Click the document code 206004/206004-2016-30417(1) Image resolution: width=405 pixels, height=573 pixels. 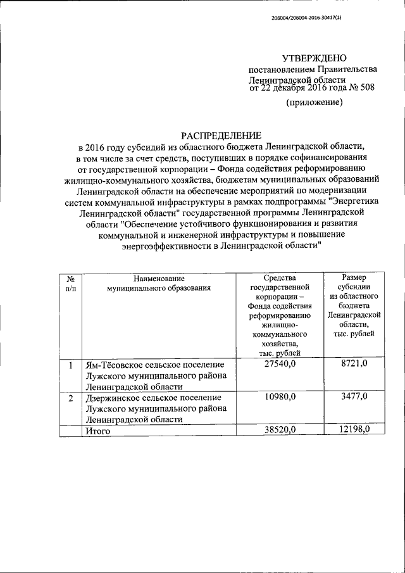311,19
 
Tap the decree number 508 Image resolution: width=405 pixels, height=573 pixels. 366,87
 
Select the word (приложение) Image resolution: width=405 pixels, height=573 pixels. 315,102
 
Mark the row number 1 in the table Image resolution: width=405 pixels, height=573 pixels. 71,365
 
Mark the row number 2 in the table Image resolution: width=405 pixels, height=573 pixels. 71,397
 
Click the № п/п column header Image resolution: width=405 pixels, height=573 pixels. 71,282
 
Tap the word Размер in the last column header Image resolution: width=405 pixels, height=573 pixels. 354,277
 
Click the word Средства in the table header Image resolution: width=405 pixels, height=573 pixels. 279,277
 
